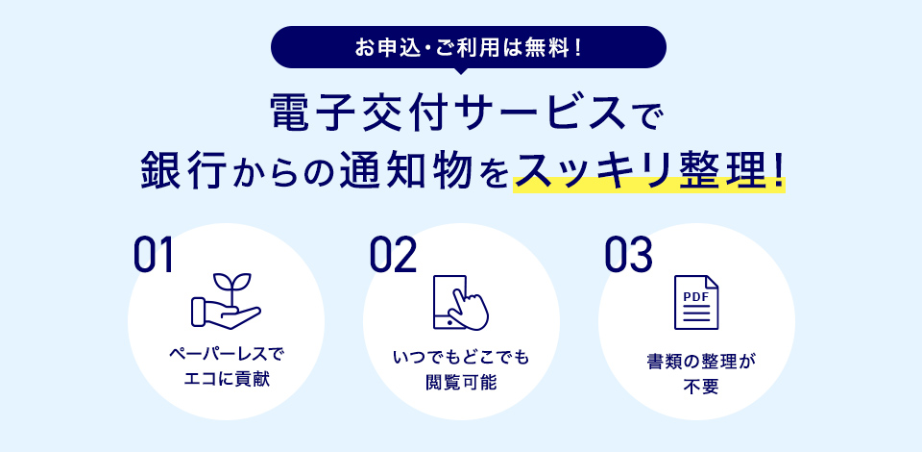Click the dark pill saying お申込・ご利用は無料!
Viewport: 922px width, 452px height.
[468, 47]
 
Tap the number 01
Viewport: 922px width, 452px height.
[154, 255]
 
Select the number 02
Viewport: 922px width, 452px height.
[393, 255]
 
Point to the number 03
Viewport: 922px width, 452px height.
[628, 255]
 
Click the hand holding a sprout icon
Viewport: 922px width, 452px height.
[226, 301]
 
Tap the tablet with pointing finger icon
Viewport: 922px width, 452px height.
[461, 302]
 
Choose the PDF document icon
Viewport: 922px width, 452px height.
[696, 302]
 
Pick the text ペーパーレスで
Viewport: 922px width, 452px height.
[226, 356]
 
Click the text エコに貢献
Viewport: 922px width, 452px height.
[226, 380]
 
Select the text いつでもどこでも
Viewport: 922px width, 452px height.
[461, 357]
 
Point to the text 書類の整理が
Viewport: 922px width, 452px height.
[696, 361]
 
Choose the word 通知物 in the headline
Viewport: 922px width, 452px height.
[406, 170]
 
